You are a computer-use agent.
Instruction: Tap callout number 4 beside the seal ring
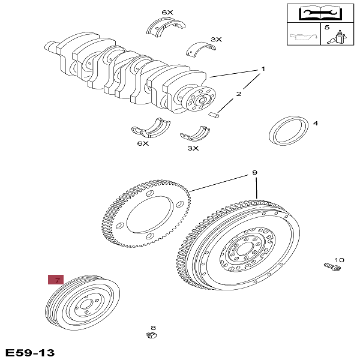click(316, 124)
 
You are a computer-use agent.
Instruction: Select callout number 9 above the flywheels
click(254, 173)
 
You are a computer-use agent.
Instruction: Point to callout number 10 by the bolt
click(339, 260)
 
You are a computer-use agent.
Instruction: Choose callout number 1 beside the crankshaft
click(262, 70)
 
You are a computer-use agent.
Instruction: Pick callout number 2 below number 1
click(238, 94)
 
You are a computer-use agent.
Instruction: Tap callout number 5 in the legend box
click(327, 27)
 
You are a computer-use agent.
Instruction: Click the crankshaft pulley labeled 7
click(83, 304)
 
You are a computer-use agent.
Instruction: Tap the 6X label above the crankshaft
click(167, 13)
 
